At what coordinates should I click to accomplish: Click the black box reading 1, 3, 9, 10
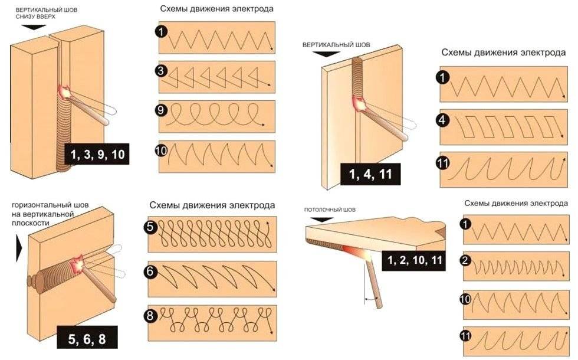[x=97, y=155]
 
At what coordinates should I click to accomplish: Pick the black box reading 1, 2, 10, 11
[x=413, y=260]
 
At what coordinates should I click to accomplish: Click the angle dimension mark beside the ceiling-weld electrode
[x=370, y=299]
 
